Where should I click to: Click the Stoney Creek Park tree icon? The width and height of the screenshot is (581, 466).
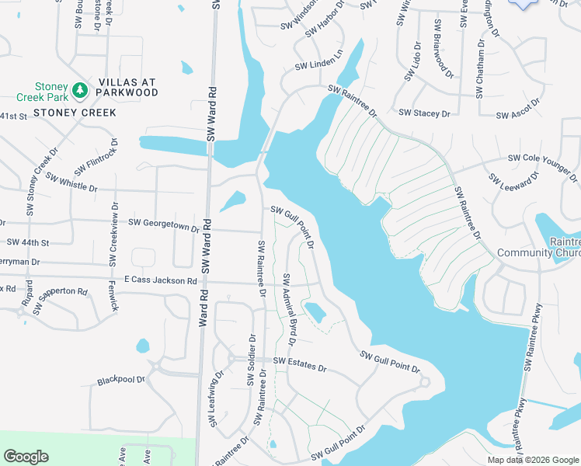[x=79, y=91]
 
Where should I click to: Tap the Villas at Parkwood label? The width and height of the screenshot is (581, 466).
[x=128, y=88]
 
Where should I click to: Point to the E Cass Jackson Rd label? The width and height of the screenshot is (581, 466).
[x=161, y=280]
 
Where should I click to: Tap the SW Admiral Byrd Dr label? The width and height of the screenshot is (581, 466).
[x=290, y=309]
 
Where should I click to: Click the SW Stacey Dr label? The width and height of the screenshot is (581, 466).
[x=424, y=113]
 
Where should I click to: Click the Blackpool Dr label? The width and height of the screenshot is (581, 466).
[x=121, y=381]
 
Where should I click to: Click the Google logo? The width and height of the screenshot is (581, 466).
[x=26, y=457]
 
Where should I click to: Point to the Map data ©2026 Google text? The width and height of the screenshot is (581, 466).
[x=532, y=460]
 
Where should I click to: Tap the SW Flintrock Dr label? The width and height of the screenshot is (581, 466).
[x=96, y=158]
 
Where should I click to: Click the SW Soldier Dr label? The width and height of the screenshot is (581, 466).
[x=251, y=360]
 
